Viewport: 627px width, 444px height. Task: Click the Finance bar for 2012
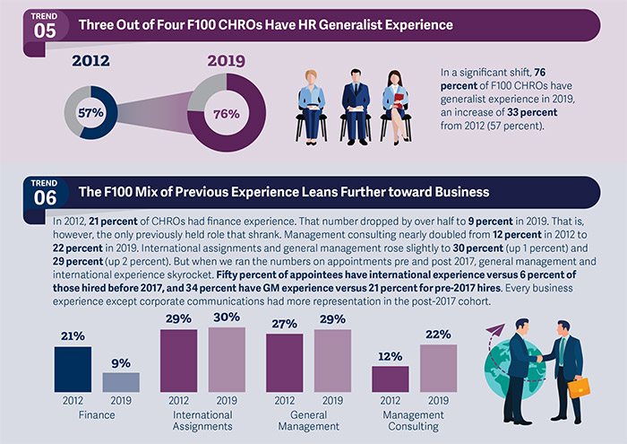73,370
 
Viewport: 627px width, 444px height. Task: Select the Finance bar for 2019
120,382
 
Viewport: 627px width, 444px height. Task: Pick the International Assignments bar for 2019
226,360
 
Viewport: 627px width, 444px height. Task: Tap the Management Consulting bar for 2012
390,379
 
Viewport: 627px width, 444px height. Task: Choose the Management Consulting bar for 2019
437,368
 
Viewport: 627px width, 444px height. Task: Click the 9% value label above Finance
120,363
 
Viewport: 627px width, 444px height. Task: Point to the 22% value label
437,335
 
